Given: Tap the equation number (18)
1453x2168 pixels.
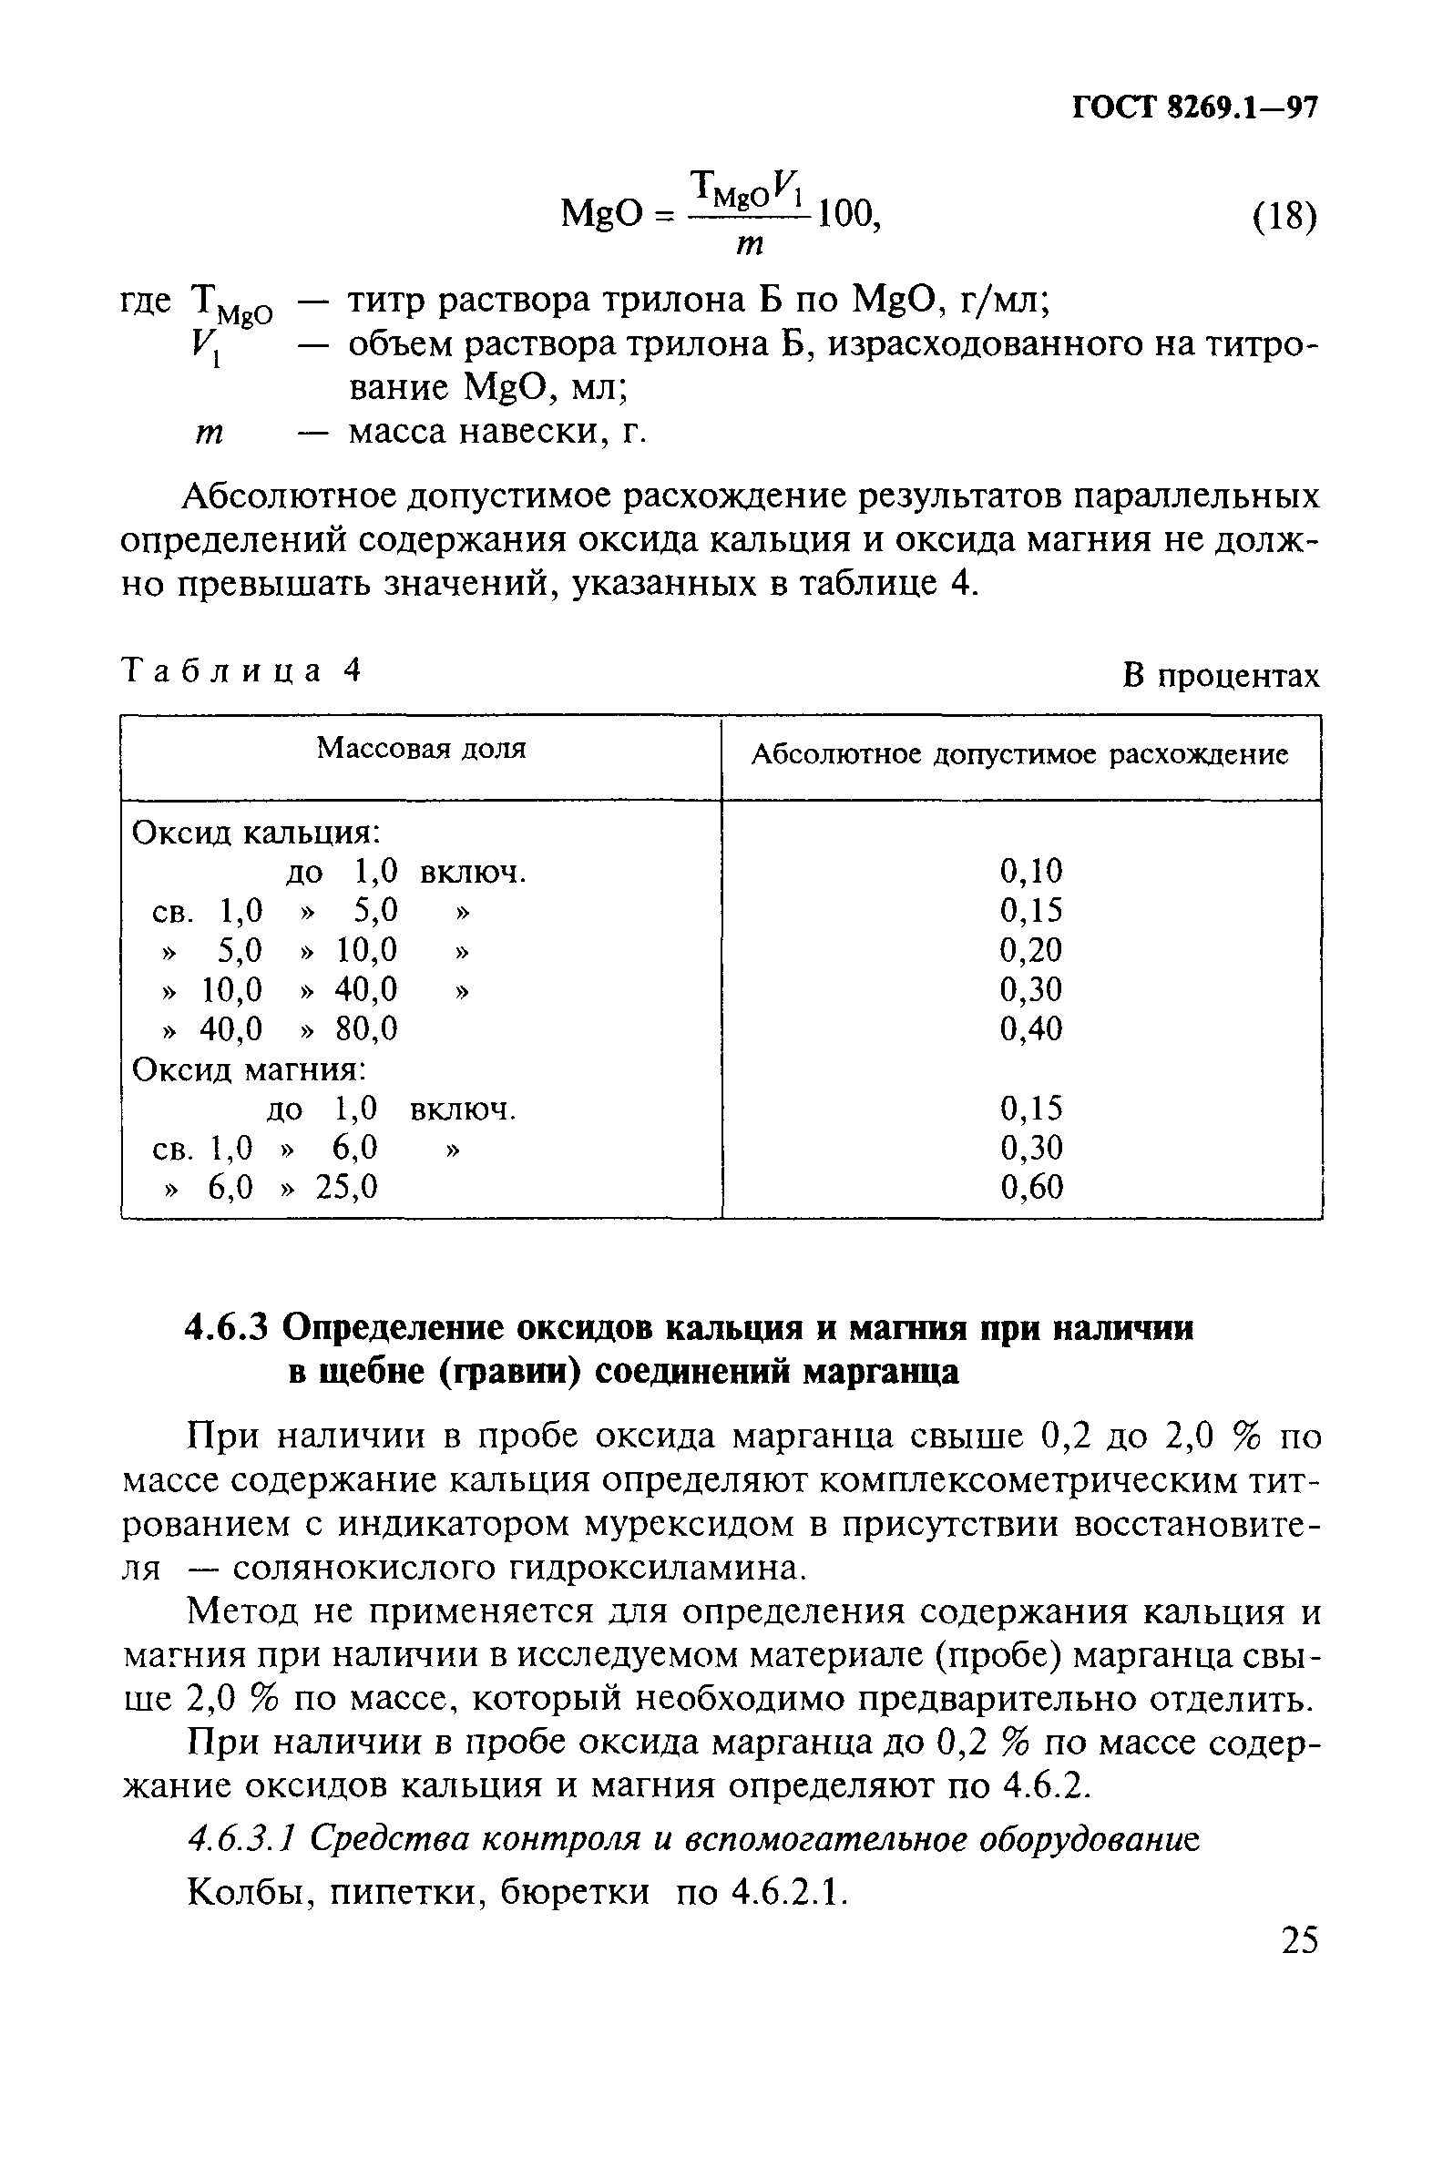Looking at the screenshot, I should coord(1284,219).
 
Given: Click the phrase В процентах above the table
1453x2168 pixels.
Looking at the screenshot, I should coord(1221,676).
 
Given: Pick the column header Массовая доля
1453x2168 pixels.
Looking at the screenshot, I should coord(421,749).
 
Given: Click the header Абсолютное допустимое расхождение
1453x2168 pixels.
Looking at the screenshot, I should coord(1019,755).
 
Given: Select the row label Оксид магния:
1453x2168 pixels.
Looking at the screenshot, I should coord(250,1070).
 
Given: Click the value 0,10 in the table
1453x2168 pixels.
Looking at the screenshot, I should coord(1030,871).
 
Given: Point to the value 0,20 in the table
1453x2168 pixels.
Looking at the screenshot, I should coord(1030,950).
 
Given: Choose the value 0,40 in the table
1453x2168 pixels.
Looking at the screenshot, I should coord(1030,1028).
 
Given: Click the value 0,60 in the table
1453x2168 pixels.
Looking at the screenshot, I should coord(1030,1187).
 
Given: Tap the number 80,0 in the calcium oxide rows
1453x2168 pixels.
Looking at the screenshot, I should coord(366,1028).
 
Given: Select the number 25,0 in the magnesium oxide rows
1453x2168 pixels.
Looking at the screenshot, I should coord(346,1187).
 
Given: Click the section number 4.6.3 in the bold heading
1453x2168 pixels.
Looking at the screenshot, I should coord(227,1329).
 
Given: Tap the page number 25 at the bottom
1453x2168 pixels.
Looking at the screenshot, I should coord(1298,1939).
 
